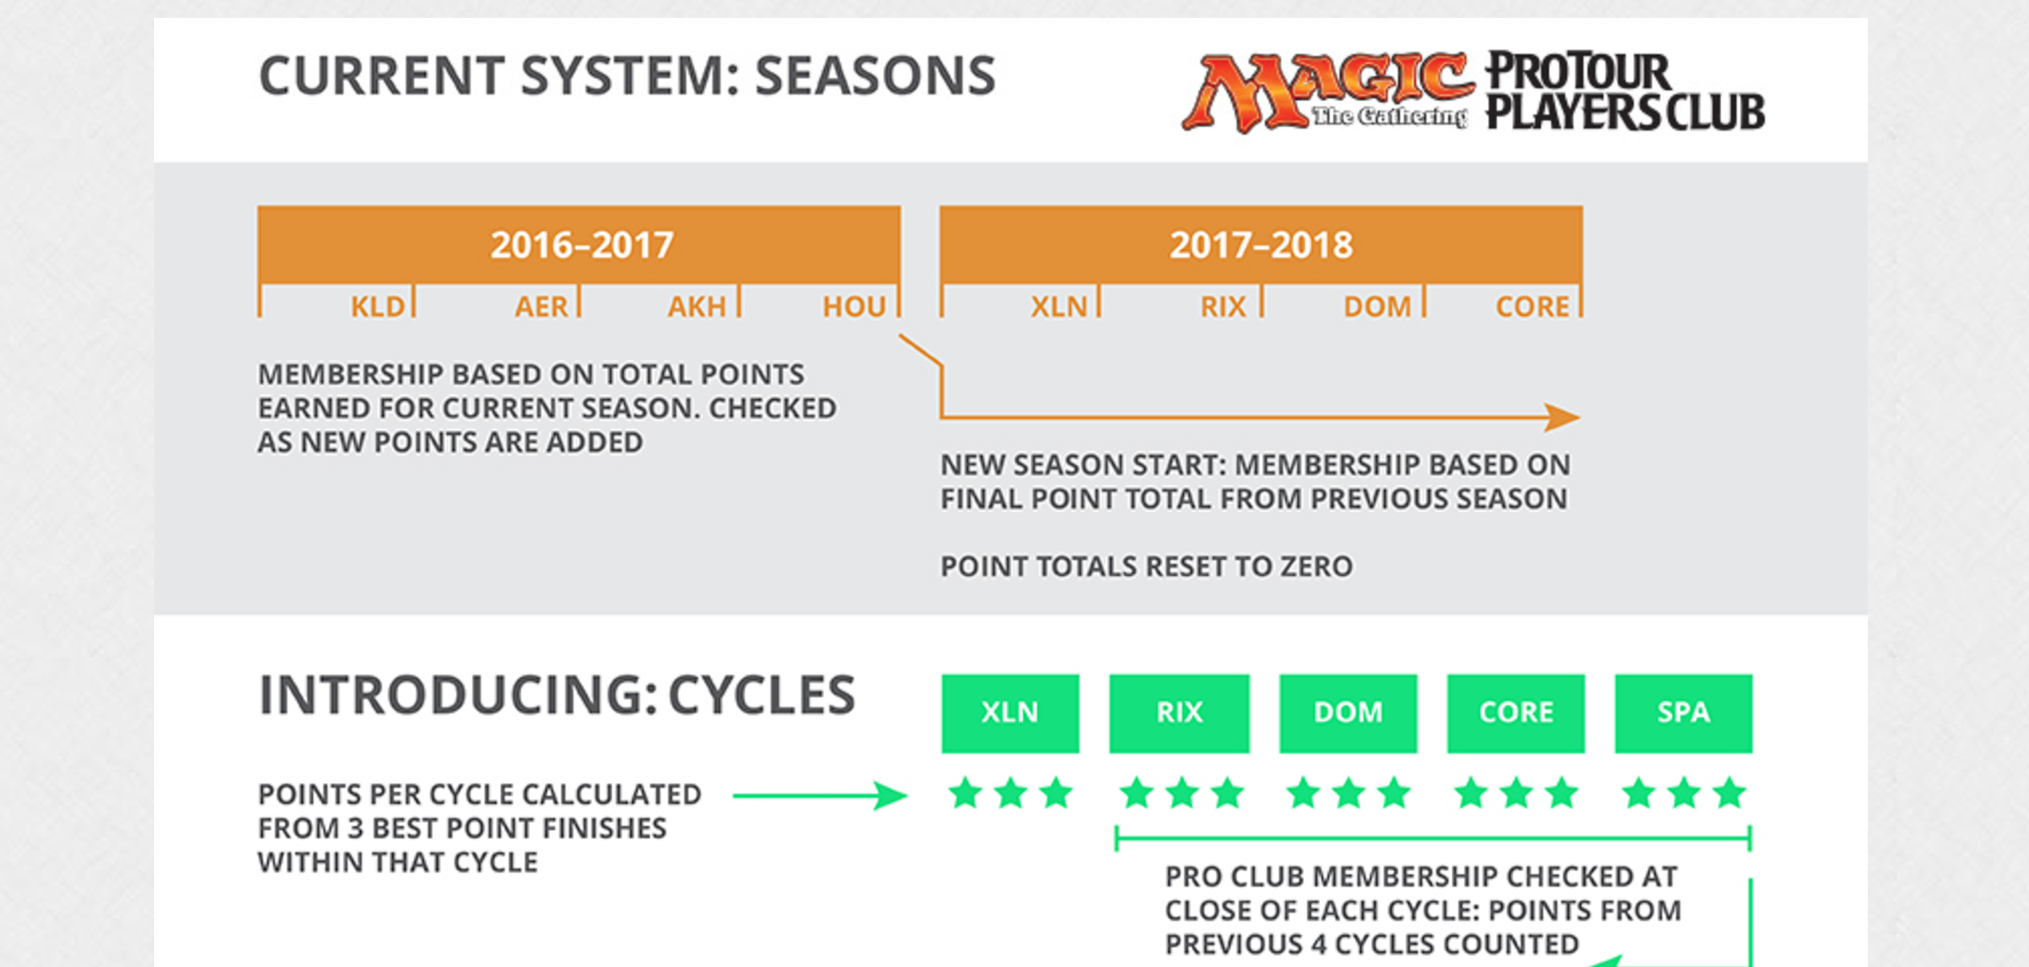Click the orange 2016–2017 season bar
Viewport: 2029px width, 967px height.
(579, 244)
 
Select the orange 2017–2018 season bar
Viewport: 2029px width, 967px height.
(1260, 244)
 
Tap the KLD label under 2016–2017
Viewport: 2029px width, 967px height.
(377, 306)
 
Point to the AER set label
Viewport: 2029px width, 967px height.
(541, 306)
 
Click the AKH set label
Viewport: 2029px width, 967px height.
(697, 306)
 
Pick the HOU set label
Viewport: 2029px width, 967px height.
(854, 306)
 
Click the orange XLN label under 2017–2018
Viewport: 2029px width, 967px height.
(1059, 306)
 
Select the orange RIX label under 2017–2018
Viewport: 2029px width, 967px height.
(1223, 306)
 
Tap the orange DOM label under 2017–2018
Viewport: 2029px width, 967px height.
(1377, 306)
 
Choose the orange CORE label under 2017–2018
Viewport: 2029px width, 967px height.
(1532, 306)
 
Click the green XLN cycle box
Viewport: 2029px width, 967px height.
(1010, 713)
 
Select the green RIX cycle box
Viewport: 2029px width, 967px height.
(1179, 713)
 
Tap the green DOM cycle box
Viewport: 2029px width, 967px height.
(1348, 713)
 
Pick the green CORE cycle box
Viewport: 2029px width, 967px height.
(1516, 713)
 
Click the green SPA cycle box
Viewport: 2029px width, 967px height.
(1683, 713)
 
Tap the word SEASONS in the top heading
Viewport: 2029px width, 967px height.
(875, 77)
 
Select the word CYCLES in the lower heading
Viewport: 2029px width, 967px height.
(761, 695)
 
